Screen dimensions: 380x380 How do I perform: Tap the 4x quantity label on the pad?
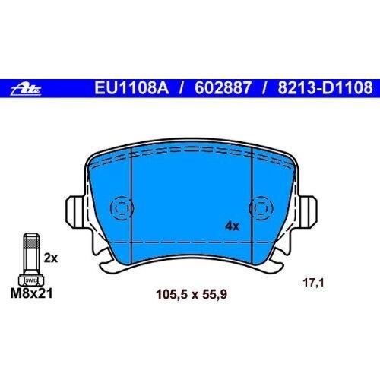(x=232, y=226)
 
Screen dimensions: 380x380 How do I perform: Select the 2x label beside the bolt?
(x=51, y=259)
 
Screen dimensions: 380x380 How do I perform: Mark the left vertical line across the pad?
(x=131, y=206)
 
